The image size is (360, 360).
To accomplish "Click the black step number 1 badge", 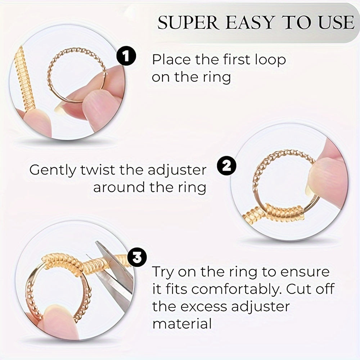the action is coord(126,56).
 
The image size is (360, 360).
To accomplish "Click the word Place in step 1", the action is coord(171,59).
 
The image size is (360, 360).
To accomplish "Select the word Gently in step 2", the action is coord(53,171).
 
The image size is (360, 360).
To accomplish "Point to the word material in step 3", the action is coord(182,324).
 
